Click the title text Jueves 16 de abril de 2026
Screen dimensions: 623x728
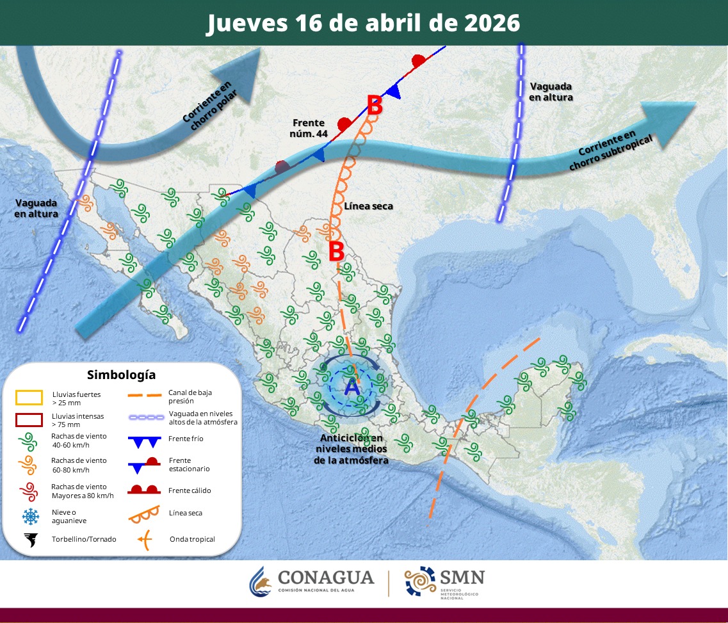click(363, 23)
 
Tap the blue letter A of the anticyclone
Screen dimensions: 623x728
click(352, 386)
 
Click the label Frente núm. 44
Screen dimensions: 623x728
click(308, 128)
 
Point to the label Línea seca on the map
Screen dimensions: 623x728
click(368, 206)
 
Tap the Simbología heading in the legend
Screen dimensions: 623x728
click(121, 375)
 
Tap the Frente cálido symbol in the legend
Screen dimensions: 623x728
click(145, 490)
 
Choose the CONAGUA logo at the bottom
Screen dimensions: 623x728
click(312, 581)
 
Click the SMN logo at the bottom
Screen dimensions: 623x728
click(444, 581)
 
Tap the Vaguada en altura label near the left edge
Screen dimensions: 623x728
click(36, 208)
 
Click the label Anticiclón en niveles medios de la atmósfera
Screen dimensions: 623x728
click(352, 448)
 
